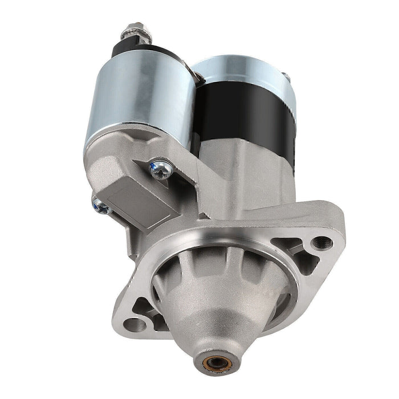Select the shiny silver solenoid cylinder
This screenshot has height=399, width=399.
click(140, 97)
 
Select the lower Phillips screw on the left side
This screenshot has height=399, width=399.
click(100, 205)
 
